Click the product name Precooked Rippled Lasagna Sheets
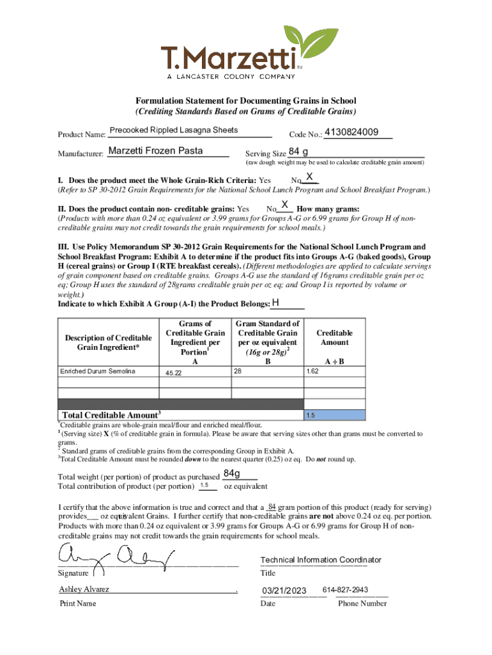174,130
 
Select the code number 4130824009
351,133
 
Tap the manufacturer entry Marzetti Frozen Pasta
155,151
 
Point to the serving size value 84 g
298,152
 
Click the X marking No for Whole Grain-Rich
309,177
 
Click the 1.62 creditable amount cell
312,371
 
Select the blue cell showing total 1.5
335,415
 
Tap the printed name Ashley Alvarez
84,589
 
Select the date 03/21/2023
284,590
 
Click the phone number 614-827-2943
346,590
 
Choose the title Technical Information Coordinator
321,560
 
